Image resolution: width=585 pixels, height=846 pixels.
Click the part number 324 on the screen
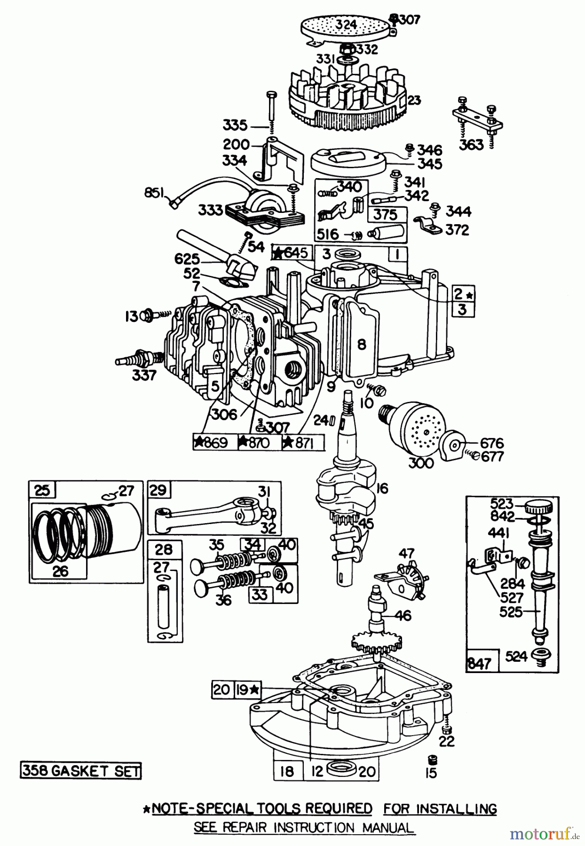(x=347, y=24)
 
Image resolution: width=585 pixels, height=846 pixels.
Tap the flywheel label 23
(x=414, y=100)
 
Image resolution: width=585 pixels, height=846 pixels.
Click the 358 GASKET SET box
(x=80, y=771)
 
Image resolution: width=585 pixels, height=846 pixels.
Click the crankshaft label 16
(x=382, y=489)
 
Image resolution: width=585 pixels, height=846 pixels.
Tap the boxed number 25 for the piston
(x=42, y=490)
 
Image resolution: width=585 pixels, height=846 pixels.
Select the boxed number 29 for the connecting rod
(x=158, y=490)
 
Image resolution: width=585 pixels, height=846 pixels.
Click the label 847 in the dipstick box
(x=479, y=663)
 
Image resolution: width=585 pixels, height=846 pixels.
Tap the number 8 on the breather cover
(x=361, y=345)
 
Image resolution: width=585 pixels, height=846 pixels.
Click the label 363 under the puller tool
(x=471, y=144)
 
